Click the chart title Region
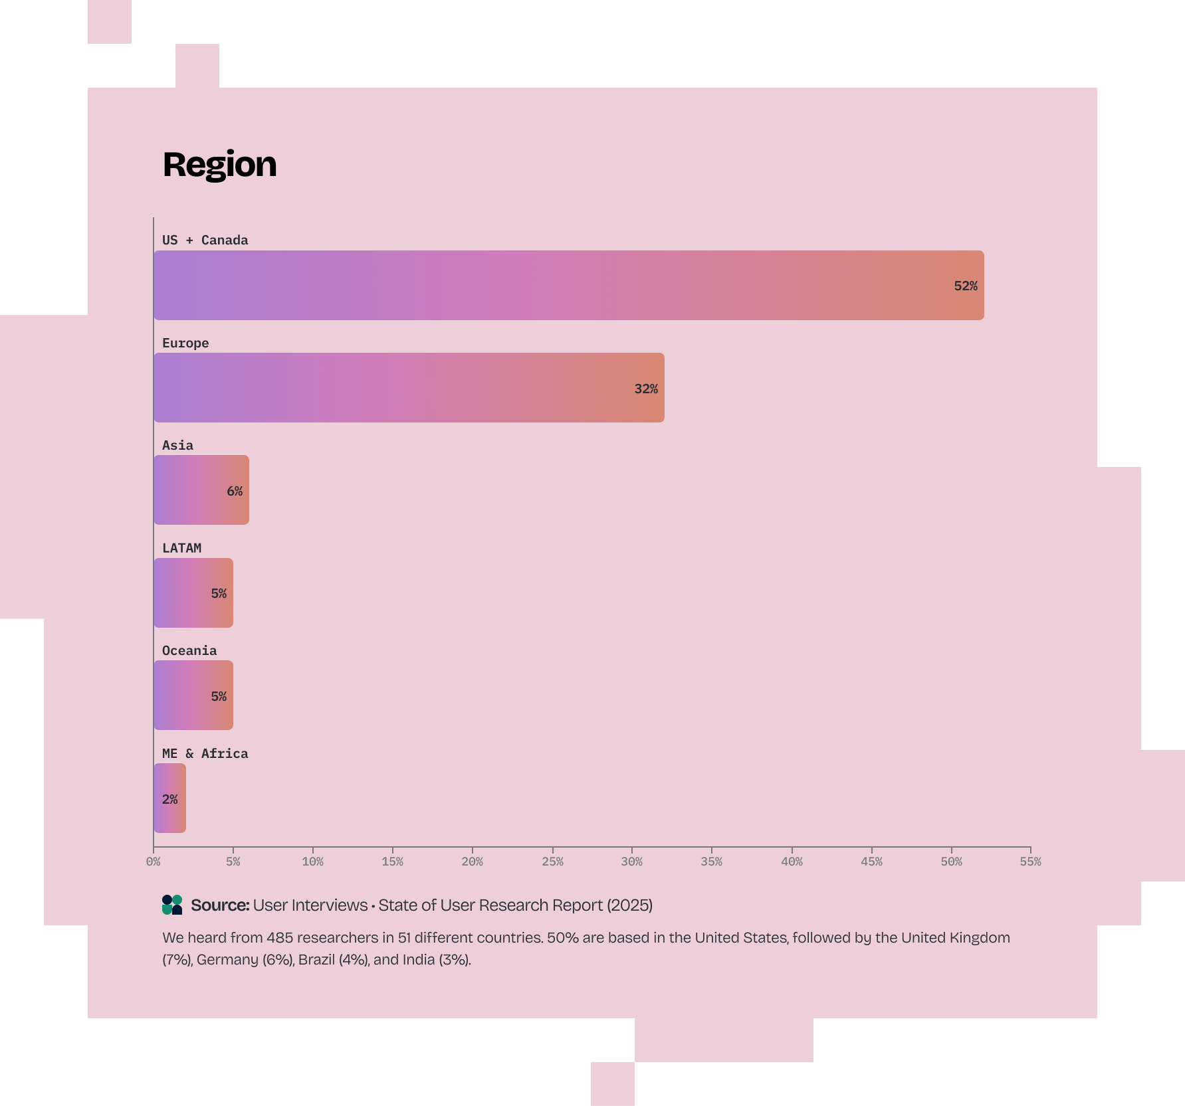tap(219, 164)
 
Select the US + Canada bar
tap(568, 285)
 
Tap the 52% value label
tap(965, 286)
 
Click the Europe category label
tap(185, 343)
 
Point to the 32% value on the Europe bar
tap(645, 389)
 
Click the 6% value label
tap(234, 491)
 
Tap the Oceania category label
tap(189, 650)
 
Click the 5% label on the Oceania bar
tap(219, 696)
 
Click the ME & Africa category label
tap(205, 753)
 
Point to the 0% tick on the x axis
tap(154, 861)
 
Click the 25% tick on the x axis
tap(552, 861)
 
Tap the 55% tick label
tap(1030, 861)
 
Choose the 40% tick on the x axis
tap(792, 861)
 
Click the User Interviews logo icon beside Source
tap(172, 905)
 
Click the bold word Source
tap(220, 905)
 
